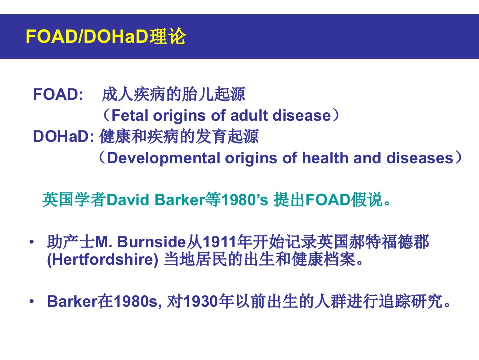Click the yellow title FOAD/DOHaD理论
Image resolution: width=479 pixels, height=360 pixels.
pos(106,36)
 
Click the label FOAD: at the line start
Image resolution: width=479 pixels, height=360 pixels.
pos(58,94)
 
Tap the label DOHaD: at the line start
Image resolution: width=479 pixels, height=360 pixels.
pos(63,136)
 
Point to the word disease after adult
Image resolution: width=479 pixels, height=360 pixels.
pos(302,115)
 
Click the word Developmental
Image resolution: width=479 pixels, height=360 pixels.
pos(164,158)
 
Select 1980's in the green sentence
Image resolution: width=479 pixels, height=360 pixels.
pos(244,200)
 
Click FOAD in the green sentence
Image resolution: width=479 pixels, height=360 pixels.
pos(328,200)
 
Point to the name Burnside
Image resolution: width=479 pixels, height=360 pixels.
pos(152,242)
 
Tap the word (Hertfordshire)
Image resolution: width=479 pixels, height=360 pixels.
pos(103,260)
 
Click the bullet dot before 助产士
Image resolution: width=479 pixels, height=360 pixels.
pos(32,242)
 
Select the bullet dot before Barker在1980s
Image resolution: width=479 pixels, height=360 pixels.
pos(32,302)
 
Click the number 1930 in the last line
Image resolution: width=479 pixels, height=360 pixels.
pos(201,302)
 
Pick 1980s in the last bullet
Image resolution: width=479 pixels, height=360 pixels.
pos(136,302)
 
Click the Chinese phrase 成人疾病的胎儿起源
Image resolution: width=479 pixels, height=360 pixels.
pos(174,94)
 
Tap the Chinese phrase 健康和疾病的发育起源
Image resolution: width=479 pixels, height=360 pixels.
pos(179,136)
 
